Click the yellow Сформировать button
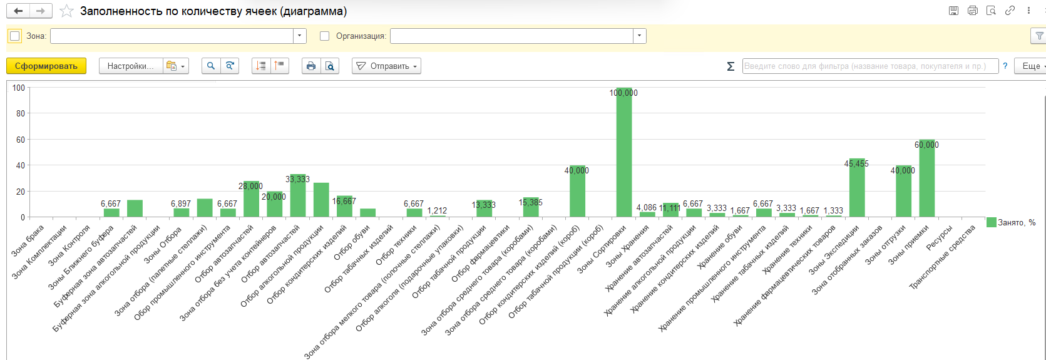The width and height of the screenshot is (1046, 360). pos(46,66)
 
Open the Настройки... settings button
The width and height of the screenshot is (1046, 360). pos(131,66)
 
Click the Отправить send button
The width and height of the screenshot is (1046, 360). pos(387,66)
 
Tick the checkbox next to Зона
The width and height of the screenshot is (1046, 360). pos(15,36)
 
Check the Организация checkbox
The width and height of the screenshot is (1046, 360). pos(324,36)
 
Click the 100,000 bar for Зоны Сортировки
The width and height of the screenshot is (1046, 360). pos(624,152)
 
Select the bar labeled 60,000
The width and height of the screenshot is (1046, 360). pos(927,178)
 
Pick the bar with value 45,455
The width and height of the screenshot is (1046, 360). pos(857,188)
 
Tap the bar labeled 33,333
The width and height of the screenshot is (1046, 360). pos(298,195)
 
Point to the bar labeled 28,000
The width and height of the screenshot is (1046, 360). pos(251,199)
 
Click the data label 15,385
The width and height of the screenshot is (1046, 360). pos(530,203)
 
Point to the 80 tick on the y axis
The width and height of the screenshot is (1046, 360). pos(20,113)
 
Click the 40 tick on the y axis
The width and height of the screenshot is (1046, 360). pos(20,165)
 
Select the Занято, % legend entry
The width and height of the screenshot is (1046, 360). pos(1011,223)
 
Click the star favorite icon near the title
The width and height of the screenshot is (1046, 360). pos(67,11)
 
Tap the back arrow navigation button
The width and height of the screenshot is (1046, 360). pos(18,11)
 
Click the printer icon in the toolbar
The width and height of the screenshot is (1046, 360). pos(311,66)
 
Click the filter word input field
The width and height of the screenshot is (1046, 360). pos(871,66)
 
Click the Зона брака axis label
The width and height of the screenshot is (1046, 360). pos(28,240)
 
